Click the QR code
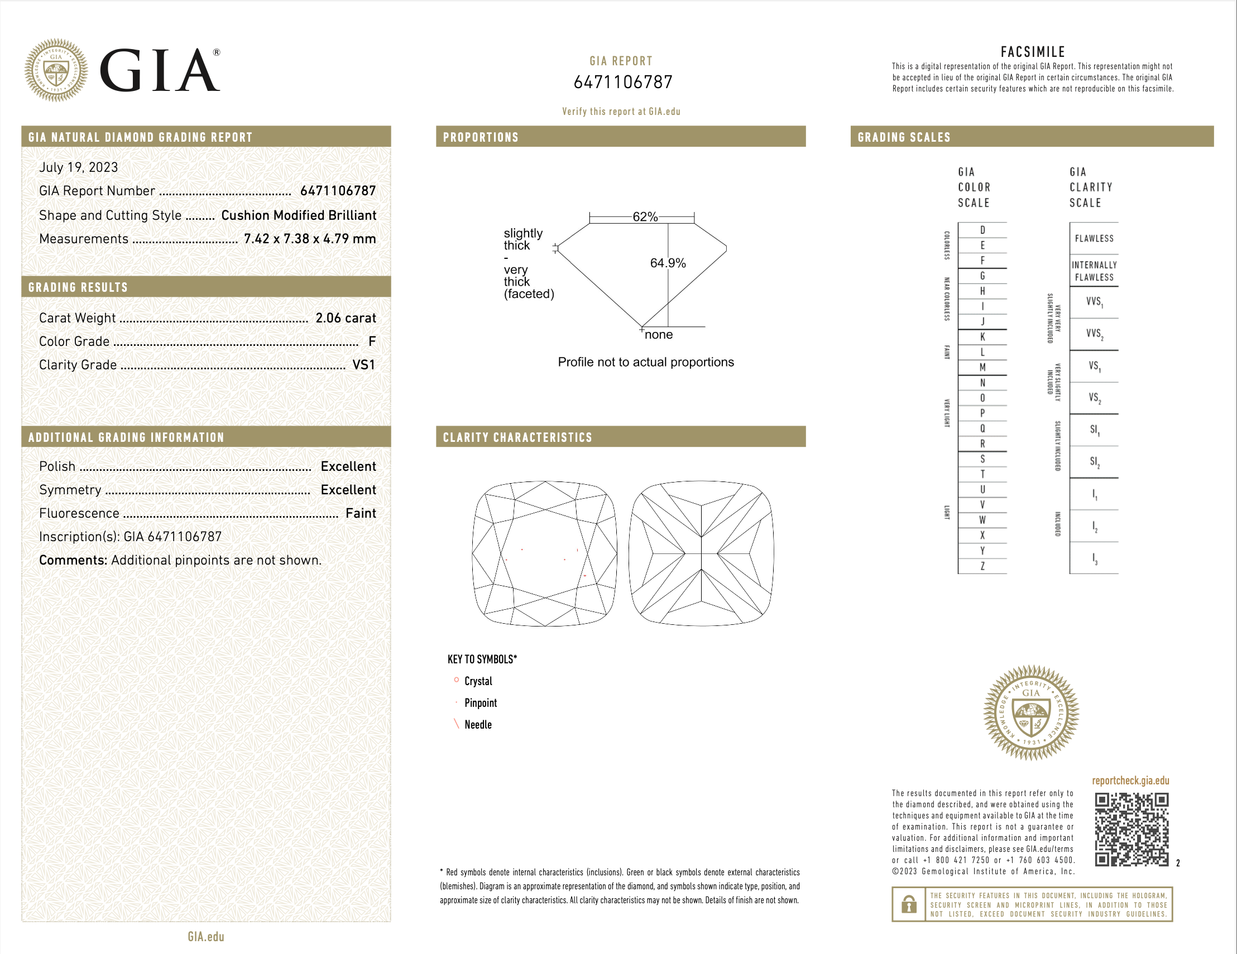[1131, 830]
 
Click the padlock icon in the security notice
[909, 904]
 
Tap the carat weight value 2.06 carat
[346, 318]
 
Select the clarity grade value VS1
[363, 365]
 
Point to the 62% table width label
[645, 217]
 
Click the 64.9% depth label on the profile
[668, 263]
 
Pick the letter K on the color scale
[982, 337]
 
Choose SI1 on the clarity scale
[1094, 430]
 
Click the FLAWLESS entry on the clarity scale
[1094, 238]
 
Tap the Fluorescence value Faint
[361, 513]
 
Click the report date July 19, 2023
[79, 167]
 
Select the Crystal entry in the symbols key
[478, 681]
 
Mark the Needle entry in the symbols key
[477, 725]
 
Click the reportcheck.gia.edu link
[1130, 780]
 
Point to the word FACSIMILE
[1033, 52]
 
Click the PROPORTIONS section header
[481, 137]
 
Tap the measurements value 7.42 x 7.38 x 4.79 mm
[310, 239]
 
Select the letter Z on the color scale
[982, 566]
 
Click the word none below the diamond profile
[659, 335]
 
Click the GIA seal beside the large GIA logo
[56, 70]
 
